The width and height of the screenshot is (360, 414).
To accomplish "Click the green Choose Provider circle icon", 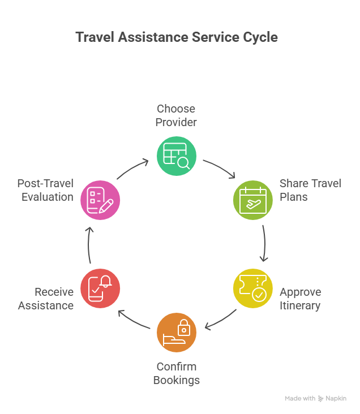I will pos(176,156).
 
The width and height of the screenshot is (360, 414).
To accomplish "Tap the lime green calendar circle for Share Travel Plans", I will pos(253,200).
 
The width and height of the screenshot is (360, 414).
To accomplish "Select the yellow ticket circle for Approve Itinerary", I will pos(253,288).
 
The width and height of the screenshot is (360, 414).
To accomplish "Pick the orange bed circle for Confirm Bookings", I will pos(176,333).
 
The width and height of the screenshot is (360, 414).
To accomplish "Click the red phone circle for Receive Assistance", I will pos(100,288).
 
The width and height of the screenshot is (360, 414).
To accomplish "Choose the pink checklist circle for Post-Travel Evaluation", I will pos(100,200).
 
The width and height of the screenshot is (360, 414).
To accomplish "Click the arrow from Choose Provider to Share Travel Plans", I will pos(220,169).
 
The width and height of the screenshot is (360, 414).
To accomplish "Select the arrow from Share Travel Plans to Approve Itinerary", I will pos(264,243).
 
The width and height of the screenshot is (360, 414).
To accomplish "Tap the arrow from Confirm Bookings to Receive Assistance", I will pos(133,319).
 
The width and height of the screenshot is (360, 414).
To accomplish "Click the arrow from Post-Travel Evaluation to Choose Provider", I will pos(133,169).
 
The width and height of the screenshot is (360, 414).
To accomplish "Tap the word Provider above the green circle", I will pos(176,122).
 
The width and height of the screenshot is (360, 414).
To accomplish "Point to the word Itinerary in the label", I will pos(300,306).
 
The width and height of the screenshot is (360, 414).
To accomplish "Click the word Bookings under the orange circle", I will pos(177,380).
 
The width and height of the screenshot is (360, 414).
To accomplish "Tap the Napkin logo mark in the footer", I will pos(321,399).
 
